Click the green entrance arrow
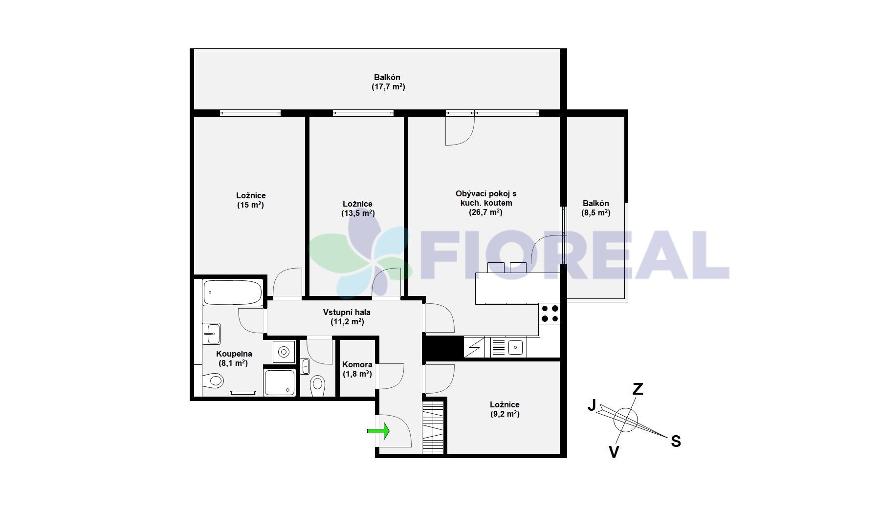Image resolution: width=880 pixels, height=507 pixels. pos(378,430)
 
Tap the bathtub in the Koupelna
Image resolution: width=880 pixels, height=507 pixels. pos(232,292)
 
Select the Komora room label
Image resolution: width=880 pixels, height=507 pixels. pos(357,369)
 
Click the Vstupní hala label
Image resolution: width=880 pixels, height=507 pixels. pos(347,317)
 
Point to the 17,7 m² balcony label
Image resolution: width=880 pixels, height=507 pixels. pos(388,82)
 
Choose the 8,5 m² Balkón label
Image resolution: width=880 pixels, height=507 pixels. pos(595,208)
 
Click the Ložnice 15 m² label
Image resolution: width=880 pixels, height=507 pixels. pos(251,200)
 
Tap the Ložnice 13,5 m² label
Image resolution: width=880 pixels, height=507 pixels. pos(357,209)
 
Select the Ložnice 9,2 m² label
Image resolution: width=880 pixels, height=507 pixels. pos(505,409)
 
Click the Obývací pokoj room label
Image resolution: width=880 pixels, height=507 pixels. pos(485,203)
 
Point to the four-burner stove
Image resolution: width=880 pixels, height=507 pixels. pos(550,313)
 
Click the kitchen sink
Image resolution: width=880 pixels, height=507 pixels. pos(515,348)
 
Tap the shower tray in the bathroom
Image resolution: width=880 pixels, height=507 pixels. pos(280,382)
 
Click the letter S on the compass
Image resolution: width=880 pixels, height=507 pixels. pos(676,442)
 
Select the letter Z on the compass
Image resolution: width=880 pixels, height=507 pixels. pos(638,389)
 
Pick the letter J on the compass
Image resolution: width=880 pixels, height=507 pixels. pos(592,405)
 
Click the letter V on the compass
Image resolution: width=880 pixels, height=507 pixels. pos(614,452)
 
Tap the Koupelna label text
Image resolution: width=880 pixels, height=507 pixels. pos(234,354)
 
